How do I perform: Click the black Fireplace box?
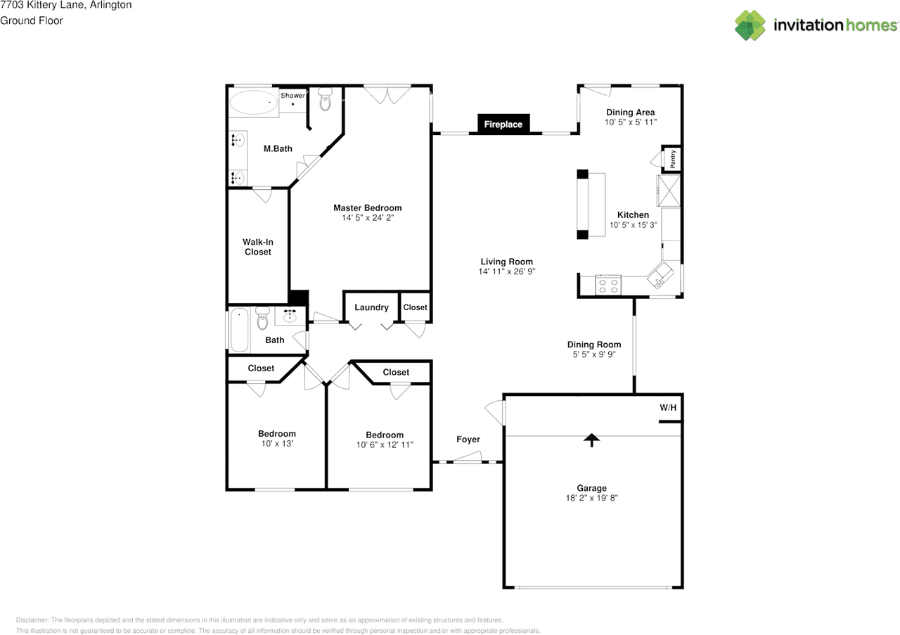[x=503, y=124]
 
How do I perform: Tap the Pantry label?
[x=673, y=159]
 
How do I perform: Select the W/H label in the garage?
[x=668, y=408]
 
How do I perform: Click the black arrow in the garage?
[x=591, y=440]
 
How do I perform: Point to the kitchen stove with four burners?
[x=608, y=285]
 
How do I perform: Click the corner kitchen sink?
[x=660, y=275]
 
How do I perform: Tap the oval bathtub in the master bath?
[x=254, y=103]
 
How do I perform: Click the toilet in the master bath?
[x=326, y=99]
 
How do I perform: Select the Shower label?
[x=292, y=95]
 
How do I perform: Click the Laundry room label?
[x=371, y=307]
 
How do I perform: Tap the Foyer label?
[x=468, y=440]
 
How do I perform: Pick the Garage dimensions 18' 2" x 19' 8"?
[x=592, y=498]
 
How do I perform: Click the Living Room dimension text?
[x=507, y=271]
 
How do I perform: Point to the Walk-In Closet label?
[x=258, y=247]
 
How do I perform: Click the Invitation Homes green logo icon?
[x=750, y=25]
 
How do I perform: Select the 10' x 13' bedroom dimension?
[x=277, y=443]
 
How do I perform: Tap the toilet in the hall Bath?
[x=263, y=318]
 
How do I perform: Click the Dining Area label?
[x=631, y=113]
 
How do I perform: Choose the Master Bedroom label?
[x=368, y=207]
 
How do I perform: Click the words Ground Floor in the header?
[x=32, y=20]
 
